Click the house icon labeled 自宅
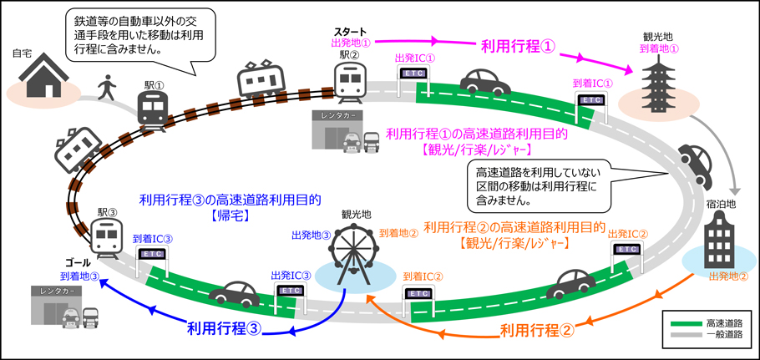43,78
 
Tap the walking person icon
107,88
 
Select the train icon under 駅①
154,110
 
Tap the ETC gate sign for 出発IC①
413,74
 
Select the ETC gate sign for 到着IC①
592,99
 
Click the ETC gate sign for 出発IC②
628,249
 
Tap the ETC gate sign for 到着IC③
152,253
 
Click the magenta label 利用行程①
517,46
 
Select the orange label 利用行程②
537,331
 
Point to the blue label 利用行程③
225,328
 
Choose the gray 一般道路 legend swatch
685,335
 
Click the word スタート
352,33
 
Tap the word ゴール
78,264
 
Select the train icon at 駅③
106,238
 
